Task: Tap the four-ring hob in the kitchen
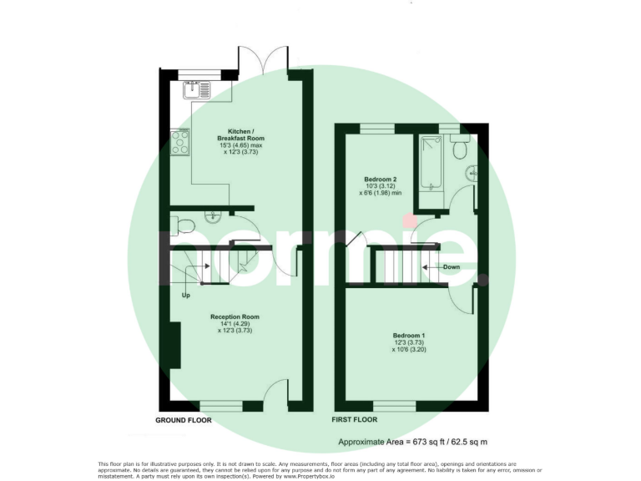(x=179, y=144)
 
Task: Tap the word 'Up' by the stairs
(x=185, y=295)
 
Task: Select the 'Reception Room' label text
(x=235, y=317)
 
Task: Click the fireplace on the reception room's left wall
(x=176, y=344)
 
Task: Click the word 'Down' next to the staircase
(x=452, y=267)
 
